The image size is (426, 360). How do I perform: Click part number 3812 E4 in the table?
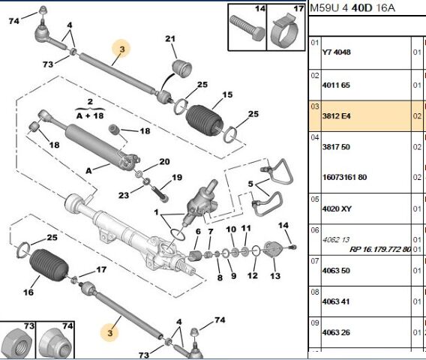(336, 116)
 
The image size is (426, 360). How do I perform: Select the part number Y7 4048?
(336, 52)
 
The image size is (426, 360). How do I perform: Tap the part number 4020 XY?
(337, 209)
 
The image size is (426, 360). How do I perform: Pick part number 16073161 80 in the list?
(344, 178)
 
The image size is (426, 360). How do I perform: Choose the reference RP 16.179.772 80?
(380, 250)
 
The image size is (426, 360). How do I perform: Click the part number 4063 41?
(336, 301)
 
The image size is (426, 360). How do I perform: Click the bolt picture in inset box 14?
(247, 28)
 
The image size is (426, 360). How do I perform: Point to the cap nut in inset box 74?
(55, 343)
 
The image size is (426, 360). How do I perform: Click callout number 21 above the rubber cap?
(170, 39)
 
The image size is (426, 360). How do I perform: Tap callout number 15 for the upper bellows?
(227, 94)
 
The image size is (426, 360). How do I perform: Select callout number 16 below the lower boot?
(28, 292)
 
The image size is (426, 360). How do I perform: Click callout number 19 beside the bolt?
(177, 178)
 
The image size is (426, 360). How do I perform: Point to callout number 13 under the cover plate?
(275, 276)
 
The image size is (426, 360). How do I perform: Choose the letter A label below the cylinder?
(88, 171)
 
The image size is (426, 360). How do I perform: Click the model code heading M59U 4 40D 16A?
(352, 8)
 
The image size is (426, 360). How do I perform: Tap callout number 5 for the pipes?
(250, 184)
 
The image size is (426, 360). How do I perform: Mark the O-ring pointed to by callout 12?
(256, 250)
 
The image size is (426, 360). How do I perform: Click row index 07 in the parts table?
(315, 261)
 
